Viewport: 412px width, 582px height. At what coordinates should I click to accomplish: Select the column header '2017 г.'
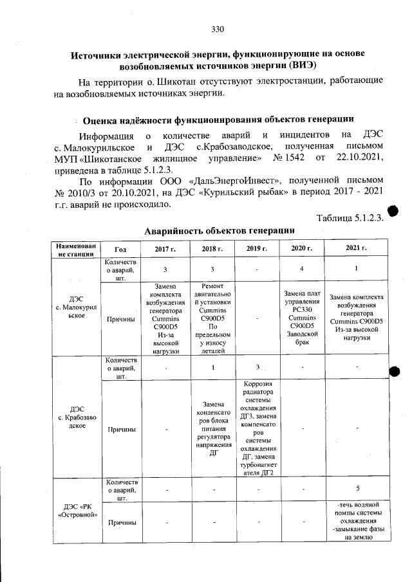[x=165, y=248]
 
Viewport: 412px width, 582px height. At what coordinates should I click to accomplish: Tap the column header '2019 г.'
[x=256, y=248]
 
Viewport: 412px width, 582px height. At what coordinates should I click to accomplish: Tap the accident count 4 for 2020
[x=301, y=268]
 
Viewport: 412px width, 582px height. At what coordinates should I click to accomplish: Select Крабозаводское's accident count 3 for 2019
[x=256, y=367]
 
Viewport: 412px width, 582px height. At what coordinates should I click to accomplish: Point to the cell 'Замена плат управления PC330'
[x=301, y=318]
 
